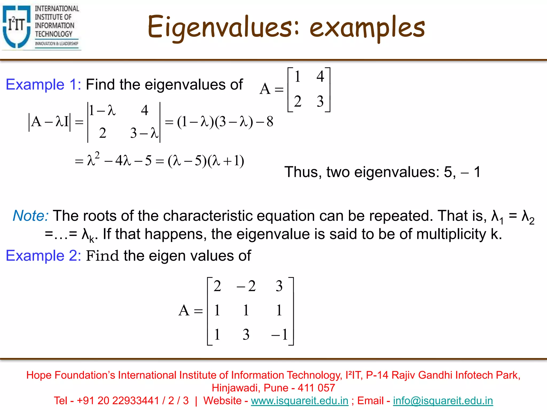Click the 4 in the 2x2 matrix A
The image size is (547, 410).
pyautogui.click(x=320, y=76)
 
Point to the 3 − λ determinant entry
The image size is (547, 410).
pyautogui.click(x=144, y=133)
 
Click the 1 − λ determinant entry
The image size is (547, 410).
pyautogui.click(x=102, y=110)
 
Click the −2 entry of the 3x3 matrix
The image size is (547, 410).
pyautogui.click(x=246, y=286)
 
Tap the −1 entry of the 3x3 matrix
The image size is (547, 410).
pyautogui.click(x=279, y=334)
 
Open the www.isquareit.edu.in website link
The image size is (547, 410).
pyautogui.click(x=300, y=401)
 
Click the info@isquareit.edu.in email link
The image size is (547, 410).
pyautogui.click(x=443, y=401)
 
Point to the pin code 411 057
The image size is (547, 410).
pyautogui.click(x=316, y=388)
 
